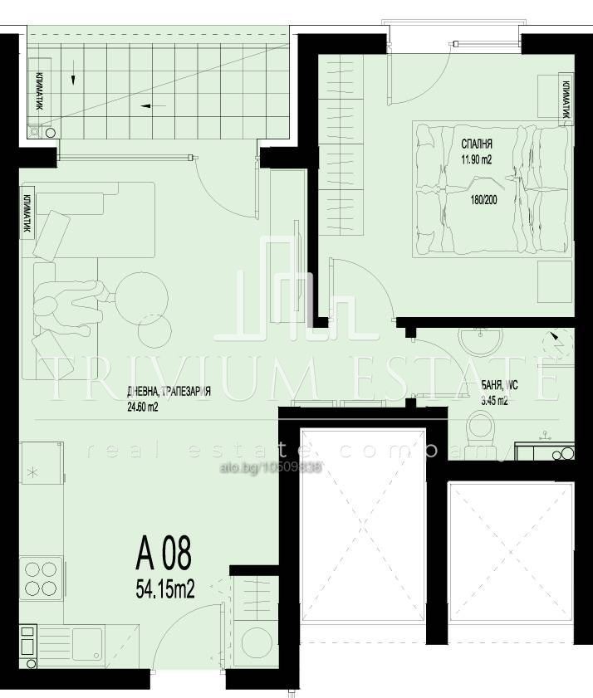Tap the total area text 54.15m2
click(164, 590)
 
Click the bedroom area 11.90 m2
click(478, 160)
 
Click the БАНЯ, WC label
click(500, 385)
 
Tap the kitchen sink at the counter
click(86, 642)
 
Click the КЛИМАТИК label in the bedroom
click(566, 100)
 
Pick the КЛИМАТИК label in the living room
click(27, 214)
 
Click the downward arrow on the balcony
click(74, 80)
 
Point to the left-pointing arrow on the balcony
click(148, 105)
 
